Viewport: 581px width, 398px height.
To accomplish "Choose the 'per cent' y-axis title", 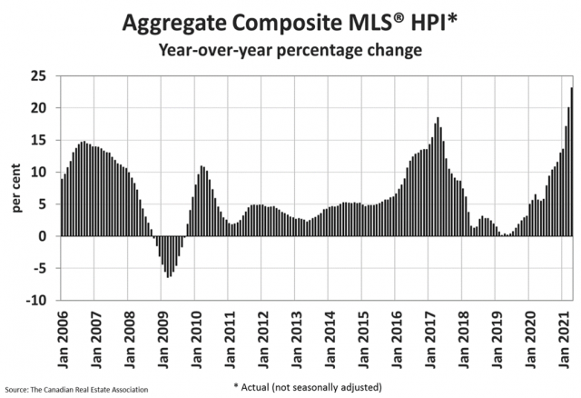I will [x=18, y=188].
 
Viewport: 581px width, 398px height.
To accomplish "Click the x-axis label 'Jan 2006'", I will [x=62, y=335].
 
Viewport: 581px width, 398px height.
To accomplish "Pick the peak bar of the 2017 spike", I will [x=438, y=176].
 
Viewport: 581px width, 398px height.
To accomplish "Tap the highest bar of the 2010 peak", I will [x=202, y=201].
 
